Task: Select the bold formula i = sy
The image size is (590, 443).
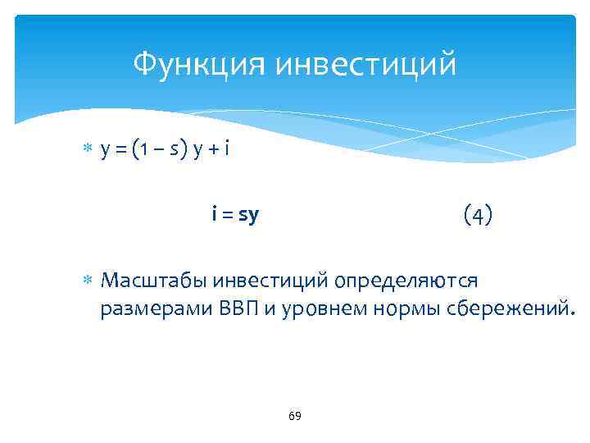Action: click(235, 216)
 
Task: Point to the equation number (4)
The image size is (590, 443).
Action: click(478, 216)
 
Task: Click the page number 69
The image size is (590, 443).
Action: click(295, 416)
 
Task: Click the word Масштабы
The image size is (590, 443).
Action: click(152, 281)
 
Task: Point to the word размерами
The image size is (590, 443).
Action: click(156, 310)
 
